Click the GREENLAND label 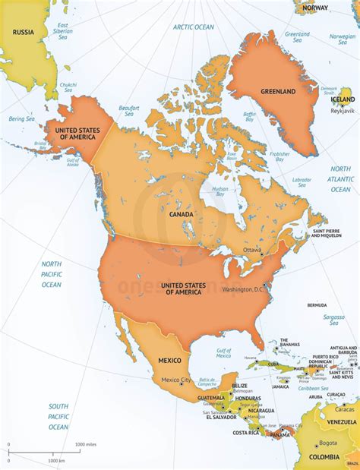(x=278, y=91)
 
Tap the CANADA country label (x=181, y=214)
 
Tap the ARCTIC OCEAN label (x=193, y=27)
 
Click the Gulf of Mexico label (x=223, y=353)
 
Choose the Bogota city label (x=327, y=443)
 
